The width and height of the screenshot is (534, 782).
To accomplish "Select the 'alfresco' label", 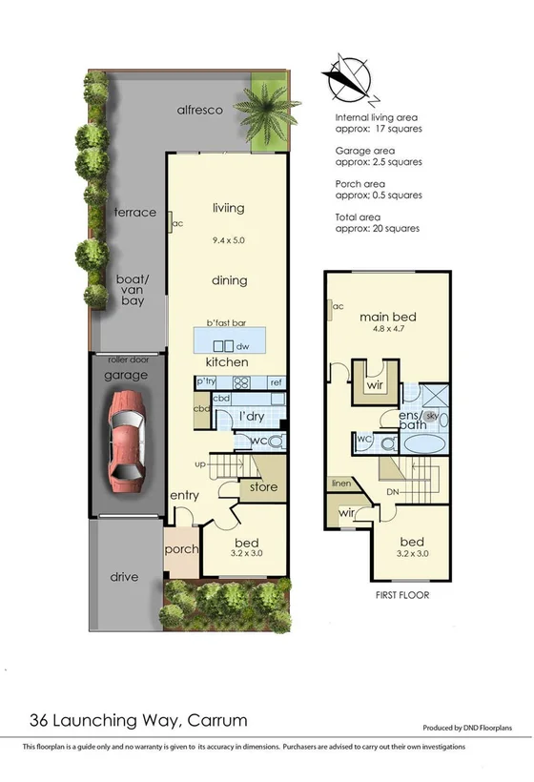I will [x=200, y=110].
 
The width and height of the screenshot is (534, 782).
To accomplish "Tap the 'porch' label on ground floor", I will [x=180, y=550].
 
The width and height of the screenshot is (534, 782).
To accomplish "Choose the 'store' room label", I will [x=263, y=487].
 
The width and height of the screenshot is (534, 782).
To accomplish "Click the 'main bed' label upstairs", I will [x=388, y=317].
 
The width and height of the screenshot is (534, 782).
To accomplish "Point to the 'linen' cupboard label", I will [x=341, y=484].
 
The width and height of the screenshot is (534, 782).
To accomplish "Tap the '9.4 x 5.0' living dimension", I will [x=229, y=240].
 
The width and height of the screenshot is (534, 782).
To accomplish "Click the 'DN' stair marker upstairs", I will [x=393, y=492].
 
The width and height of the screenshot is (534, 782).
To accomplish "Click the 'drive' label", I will [x=124, y=577].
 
